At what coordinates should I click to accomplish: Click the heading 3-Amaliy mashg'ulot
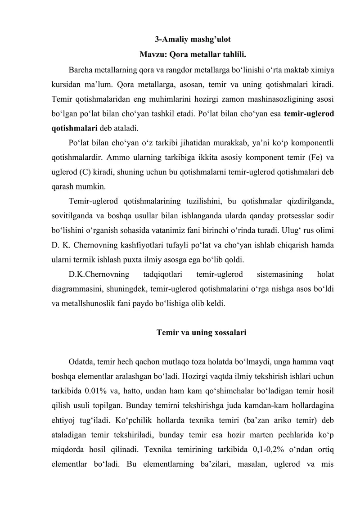(193, 39)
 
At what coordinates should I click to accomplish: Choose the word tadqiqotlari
(162, 273)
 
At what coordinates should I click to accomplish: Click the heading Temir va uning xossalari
(201, 333)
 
